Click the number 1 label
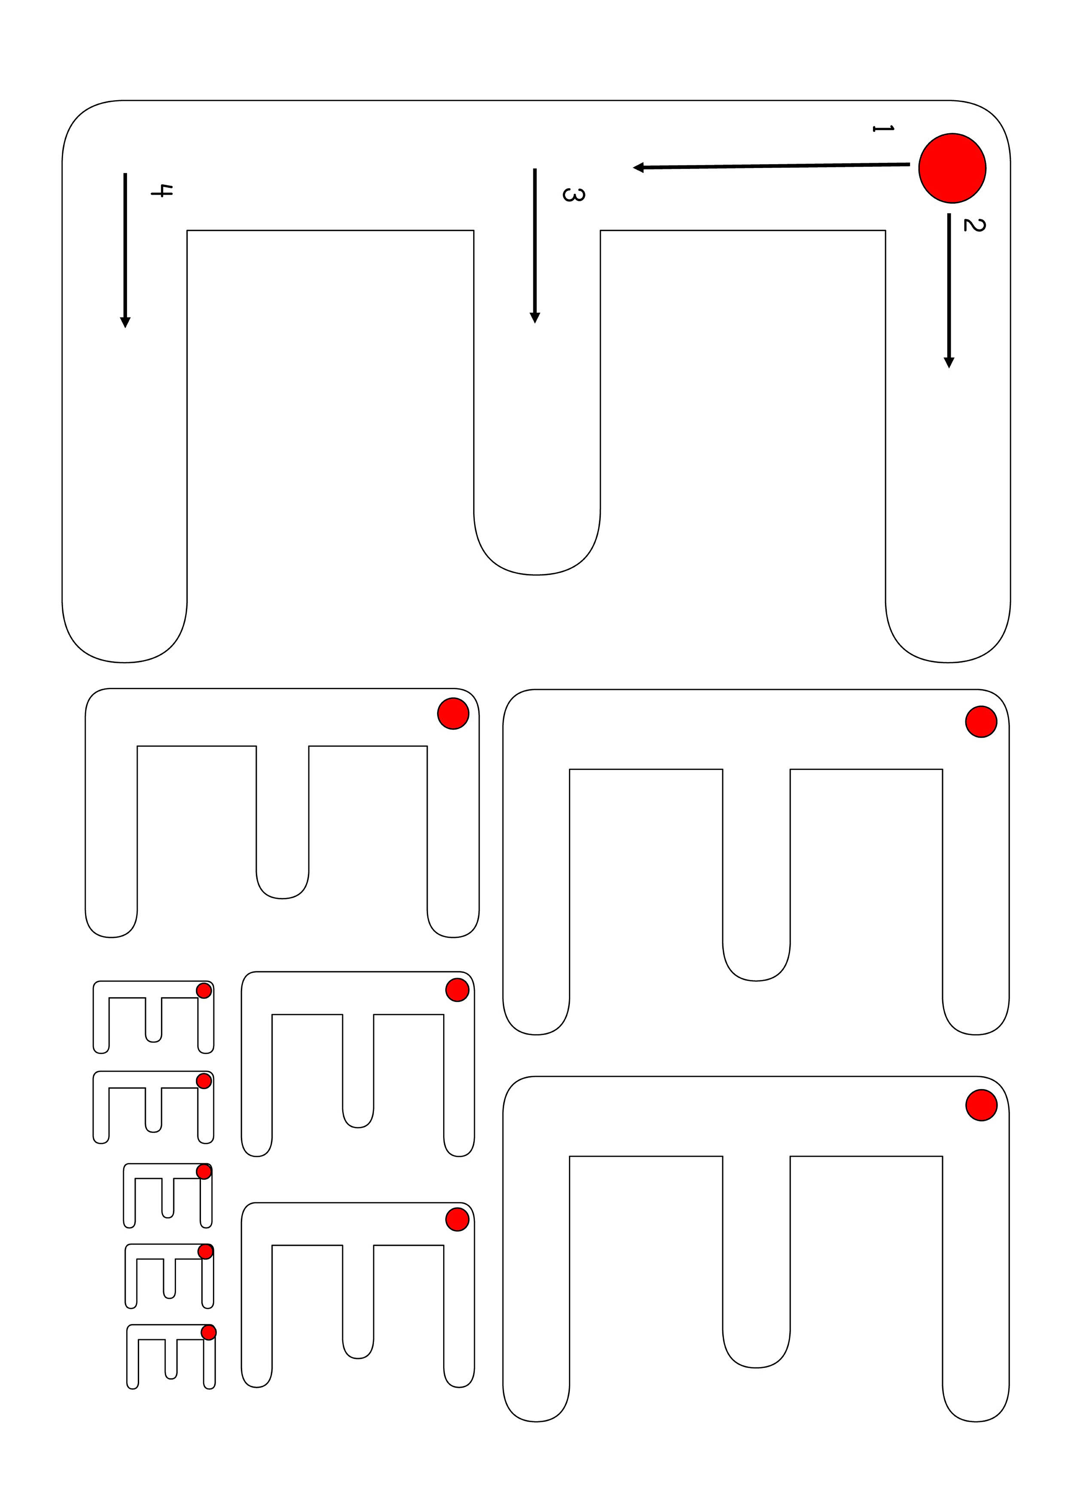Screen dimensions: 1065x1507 (x=882, y=128)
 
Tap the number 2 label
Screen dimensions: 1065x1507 (x=974, y=225)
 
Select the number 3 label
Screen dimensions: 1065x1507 (x=573, y=194)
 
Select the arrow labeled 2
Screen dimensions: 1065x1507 (x=948, y=290)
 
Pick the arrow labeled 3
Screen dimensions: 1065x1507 (x=535, y=245)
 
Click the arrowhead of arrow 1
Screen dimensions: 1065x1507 (x=638, y=168)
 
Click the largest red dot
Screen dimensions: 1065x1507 (x=952, y=168)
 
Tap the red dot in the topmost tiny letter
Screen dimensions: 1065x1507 (x=204, y=991)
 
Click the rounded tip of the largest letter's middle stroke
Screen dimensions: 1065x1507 (x=537, y=574)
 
